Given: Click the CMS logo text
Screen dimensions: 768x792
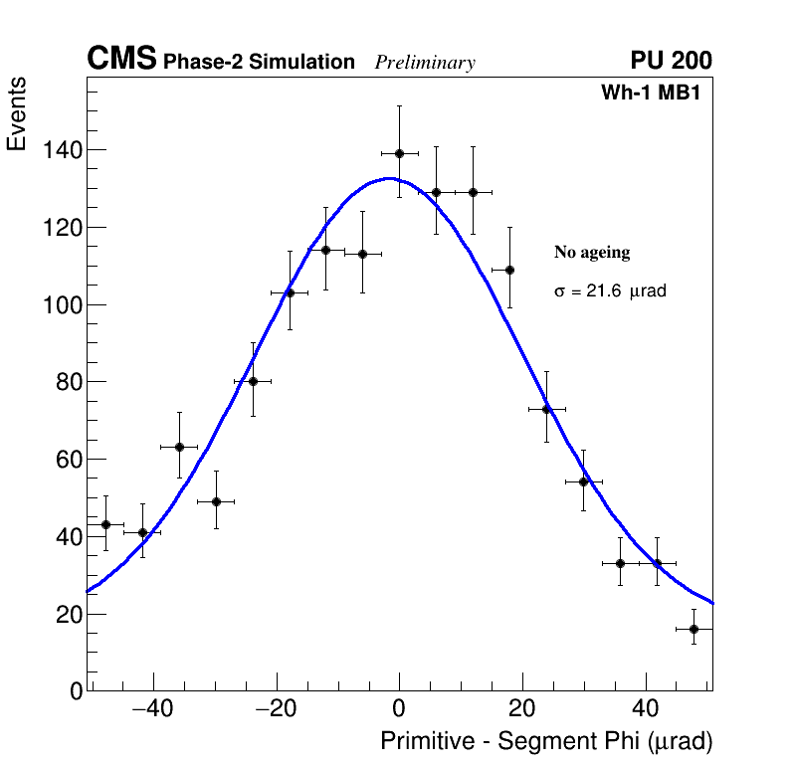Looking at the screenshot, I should pos(121,60).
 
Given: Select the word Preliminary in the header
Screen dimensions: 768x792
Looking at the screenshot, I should pos(425,63).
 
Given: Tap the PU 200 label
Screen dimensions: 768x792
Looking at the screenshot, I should pos(671,61).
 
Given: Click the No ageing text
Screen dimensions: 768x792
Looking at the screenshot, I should pos(592,253).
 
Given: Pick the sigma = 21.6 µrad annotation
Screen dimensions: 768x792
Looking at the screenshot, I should pos(609,291).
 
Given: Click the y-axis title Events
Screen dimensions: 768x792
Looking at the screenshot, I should pos(17,115).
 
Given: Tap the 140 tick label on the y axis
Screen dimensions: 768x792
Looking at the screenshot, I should pos(62,150).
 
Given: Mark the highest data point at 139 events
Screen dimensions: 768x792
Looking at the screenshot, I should pos(399,153).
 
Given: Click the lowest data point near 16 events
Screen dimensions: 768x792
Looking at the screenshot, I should pos(693,629).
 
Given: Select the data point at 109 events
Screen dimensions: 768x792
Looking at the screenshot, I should pos(509,270).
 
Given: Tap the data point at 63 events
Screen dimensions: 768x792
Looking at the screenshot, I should pos(179,447).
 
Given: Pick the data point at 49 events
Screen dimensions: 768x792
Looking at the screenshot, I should pos(216,501).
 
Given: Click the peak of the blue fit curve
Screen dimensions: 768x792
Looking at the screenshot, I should pos(390,179).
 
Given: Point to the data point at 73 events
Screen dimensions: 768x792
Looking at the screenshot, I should pos(546,409).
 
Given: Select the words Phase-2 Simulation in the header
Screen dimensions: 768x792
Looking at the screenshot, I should pos(259,63).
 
